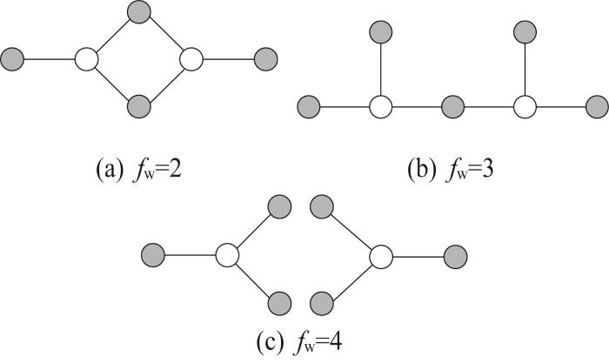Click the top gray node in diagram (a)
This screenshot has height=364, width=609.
tap(139, 12)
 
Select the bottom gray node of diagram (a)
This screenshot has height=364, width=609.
tap(139, 105)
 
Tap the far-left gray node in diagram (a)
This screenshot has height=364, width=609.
tap(12, 59)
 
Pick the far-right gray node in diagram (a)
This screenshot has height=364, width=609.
tap(265, 59)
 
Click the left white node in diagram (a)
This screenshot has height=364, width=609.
tap(87, 59)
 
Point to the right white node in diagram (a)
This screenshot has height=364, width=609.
tap(191, 59)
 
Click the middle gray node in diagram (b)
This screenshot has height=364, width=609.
tap(453, 106)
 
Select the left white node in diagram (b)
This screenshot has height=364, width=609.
tap(381, 106)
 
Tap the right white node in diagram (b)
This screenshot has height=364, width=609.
tap(525, 106)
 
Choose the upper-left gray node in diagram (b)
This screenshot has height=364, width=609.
tap(381, 32)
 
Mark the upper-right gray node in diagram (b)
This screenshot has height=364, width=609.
tap(525, 32)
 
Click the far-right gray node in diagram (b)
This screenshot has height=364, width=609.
tap(597, 106)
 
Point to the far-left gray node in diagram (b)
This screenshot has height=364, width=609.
tap(309, 106)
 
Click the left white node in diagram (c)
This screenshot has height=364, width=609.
tap(227, 255)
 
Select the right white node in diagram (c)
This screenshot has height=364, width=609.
tap(381, 257)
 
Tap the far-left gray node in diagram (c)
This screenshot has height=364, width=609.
tap(153, 255)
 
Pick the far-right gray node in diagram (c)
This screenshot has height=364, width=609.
tap(456, 257)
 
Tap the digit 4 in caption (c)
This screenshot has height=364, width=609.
tap(335, 342)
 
